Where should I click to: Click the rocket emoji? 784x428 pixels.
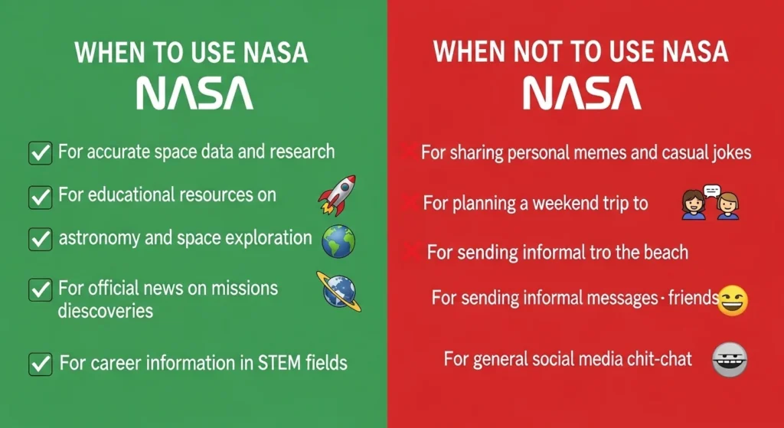(337, 194)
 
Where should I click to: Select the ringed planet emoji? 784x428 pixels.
(338, 292)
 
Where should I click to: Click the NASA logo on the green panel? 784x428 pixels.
(194, 93)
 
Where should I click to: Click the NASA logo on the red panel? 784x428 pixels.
(582, 93)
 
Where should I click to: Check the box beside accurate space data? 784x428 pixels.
(39, 152)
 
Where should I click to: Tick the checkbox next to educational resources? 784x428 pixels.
(39, 196)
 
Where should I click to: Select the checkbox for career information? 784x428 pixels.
(39, 363)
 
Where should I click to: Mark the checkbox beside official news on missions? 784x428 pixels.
(39, 290)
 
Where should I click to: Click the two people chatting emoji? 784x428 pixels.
(710, 203)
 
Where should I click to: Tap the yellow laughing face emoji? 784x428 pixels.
(733, 301)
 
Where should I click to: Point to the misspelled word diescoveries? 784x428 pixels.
(106, 311)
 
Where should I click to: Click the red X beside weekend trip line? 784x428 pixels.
(412, 202)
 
